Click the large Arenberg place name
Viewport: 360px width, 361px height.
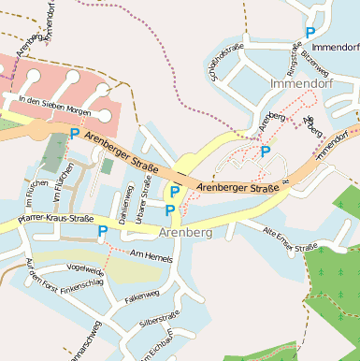tap(185, 232)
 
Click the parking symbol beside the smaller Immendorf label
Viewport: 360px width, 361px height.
tap(310, 33)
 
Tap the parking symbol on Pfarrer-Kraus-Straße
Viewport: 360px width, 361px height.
tap(102, 230)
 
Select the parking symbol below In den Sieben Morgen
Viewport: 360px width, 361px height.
tap(75, 134)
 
